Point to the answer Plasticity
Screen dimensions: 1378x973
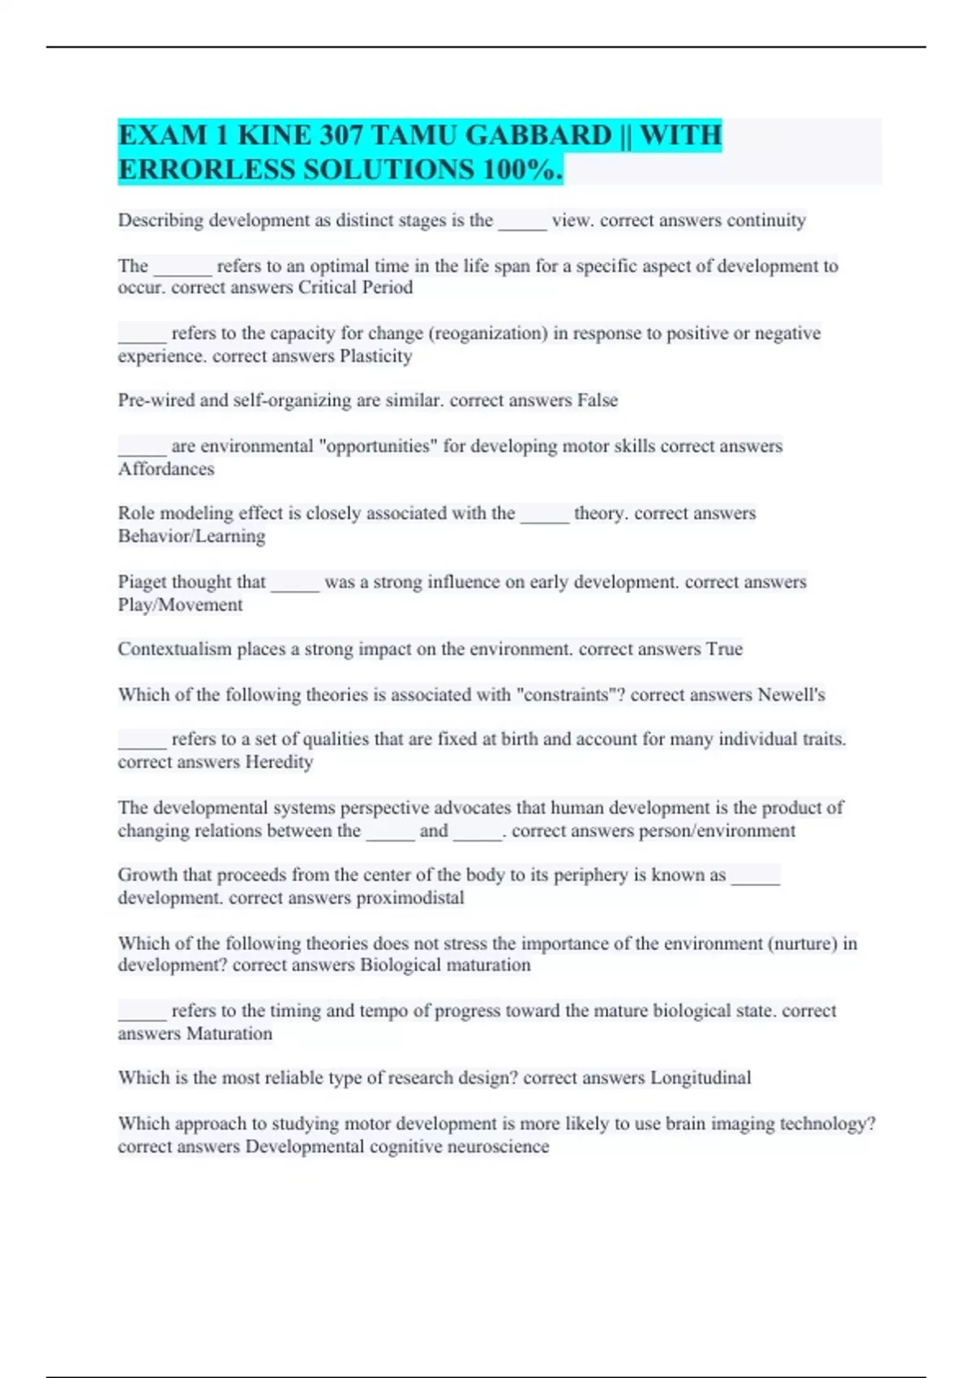(375, 356)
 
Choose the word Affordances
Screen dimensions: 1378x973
(166, 469)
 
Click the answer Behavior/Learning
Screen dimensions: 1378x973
(191, 536)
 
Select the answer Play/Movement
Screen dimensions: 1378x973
(180, 605)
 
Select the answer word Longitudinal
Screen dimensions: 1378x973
(701, 1078)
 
